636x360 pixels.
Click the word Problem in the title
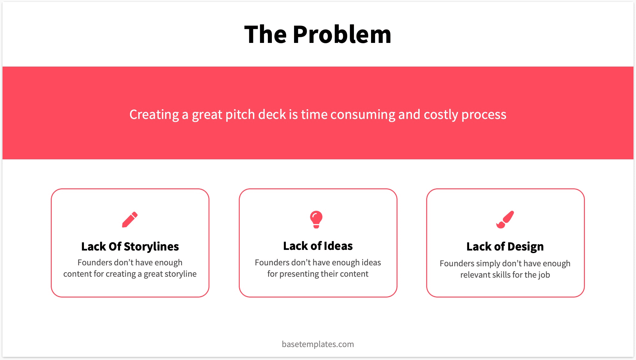[342, 34]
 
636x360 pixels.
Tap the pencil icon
[130, 219]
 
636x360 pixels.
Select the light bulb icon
[316, 219]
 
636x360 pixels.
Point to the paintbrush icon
[505, 219]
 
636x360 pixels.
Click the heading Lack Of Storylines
[130, 246]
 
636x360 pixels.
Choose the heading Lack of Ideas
[318, 246]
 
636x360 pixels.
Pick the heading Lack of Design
[505, 246]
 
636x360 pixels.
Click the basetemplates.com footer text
[318, 344]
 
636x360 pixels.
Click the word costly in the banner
[441, 115]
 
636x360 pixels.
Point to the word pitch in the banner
[240, 115]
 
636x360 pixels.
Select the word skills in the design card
[501, 275]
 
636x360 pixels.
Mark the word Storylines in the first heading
[151, 246]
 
